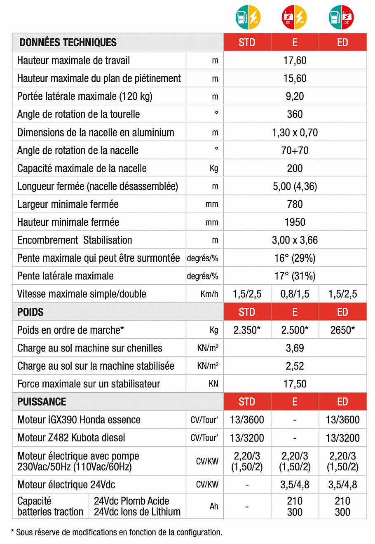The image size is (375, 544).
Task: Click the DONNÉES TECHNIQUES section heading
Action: click(68, 42)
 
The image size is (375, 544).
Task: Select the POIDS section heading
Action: click(30, 312)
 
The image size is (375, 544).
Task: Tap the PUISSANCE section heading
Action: click(42, 402)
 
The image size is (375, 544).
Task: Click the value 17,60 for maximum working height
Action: click(295, 61)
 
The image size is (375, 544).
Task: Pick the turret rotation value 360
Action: click(295, 114)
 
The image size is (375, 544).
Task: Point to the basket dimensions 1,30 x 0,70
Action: click(295, 133)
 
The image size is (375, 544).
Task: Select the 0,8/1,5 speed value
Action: click(295, 294)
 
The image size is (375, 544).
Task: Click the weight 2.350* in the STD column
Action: click(247, 330)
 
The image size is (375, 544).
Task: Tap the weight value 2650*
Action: click(342, 330)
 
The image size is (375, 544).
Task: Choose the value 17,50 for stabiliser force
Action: click(295, 384)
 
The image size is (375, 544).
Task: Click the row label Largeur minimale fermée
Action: click(68, 204)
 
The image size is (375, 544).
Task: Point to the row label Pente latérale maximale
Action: click(66, 276)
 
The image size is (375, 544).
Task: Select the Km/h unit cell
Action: click(209, 294)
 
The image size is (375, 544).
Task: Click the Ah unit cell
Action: click(214, 506)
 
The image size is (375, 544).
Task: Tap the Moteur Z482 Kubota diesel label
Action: click(71, 438)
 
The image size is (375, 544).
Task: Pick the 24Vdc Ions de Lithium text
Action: click(137, 512)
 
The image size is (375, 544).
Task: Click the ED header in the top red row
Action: click(342, 42)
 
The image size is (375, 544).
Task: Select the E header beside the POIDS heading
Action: click(295, 312)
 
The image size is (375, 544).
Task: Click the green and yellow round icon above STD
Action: click(248, 17)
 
